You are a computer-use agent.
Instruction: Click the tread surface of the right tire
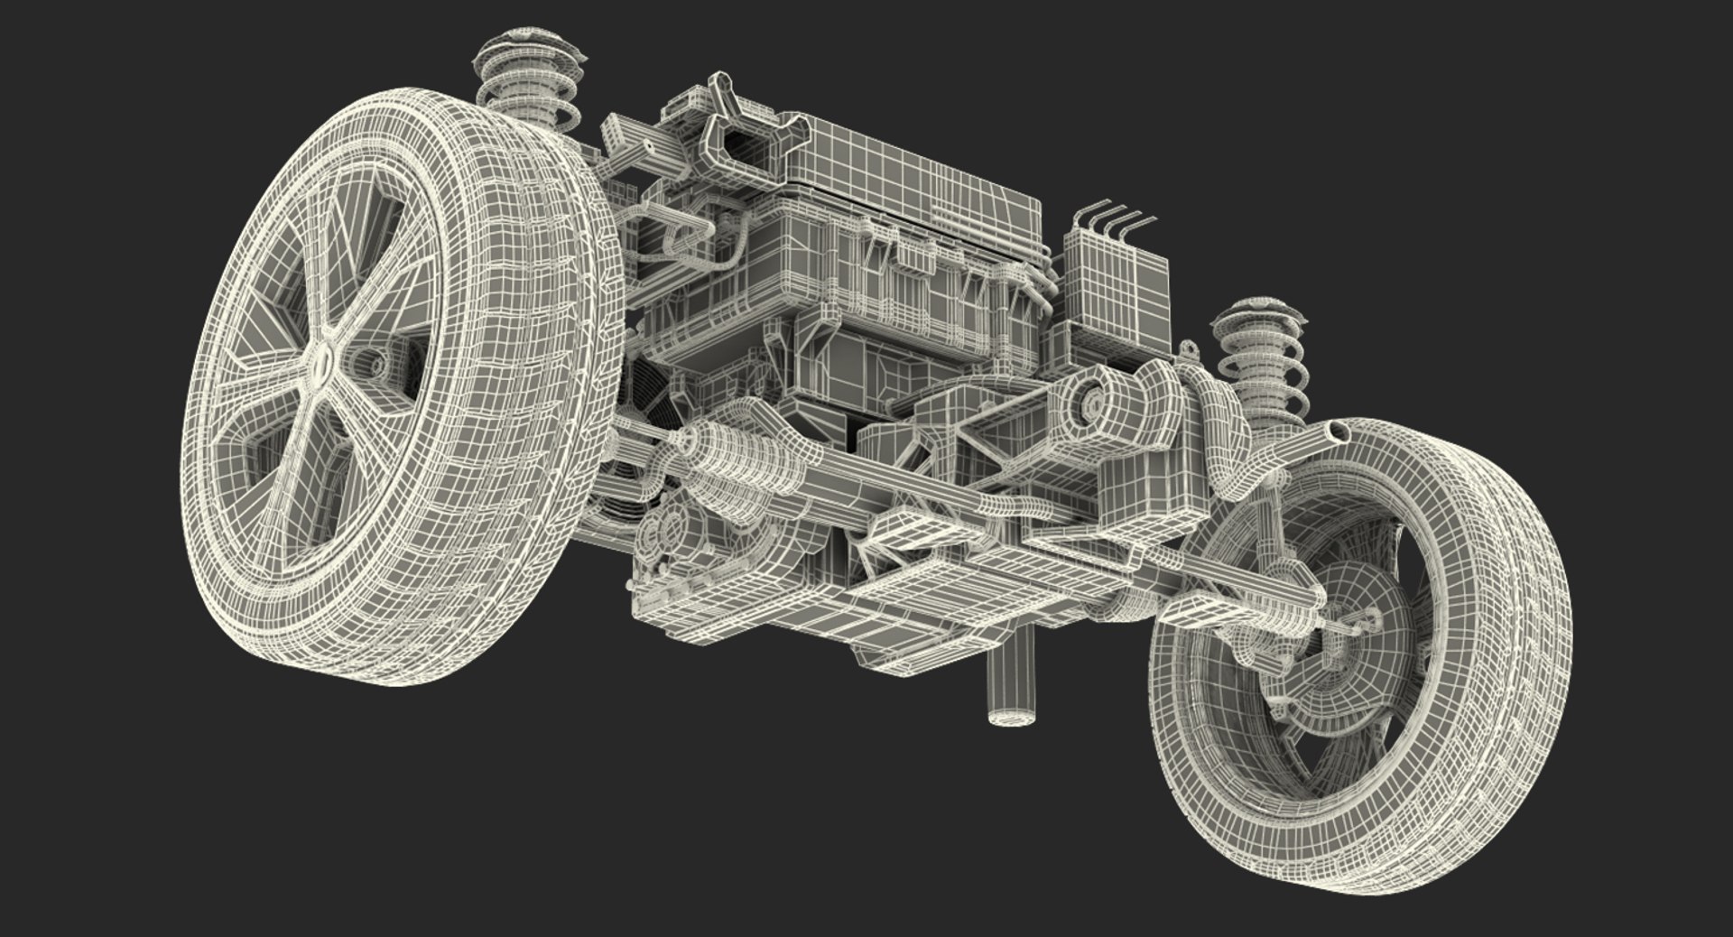1525,632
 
